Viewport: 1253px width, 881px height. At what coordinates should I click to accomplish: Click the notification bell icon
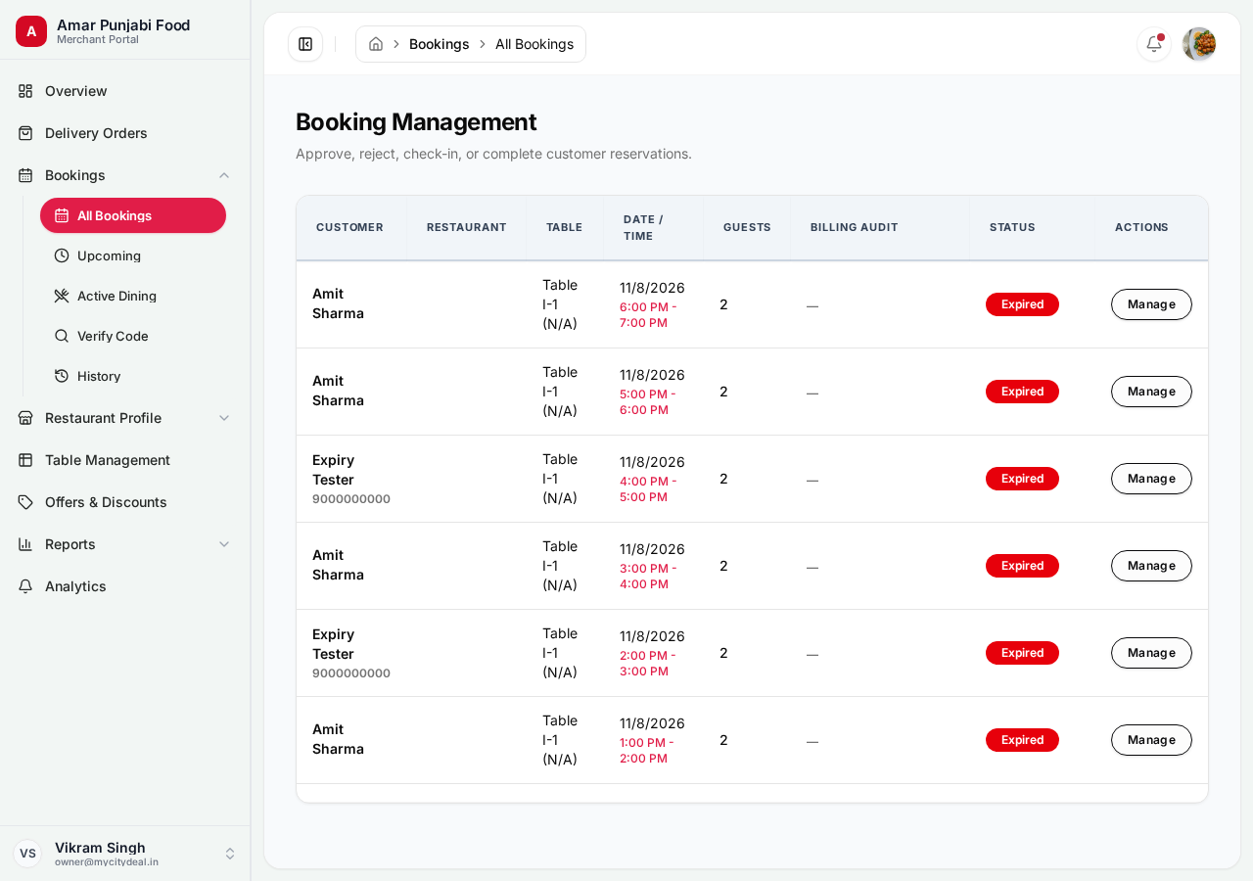point(1153,44)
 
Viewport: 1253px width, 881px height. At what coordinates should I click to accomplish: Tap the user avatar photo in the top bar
point(1199,44)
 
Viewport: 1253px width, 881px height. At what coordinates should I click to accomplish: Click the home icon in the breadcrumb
point(376,44)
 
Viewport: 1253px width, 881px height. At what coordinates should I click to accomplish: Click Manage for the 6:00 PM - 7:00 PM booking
point(1151,304)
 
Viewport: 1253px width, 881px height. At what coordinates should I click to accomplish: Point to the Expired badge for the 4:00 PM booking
point(1022,479)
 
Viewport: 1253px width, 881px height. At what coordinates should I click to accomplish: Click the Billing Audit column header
point(854,227)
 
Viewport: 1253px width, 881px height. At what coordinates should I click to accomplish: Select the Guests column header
point(747,227)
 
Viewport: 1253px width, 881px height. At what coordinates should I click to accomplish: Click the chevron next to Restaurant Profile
point(224,418)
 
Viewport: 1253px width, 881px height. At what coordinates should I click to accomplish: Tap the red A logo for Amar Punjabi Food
point(31,31)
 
